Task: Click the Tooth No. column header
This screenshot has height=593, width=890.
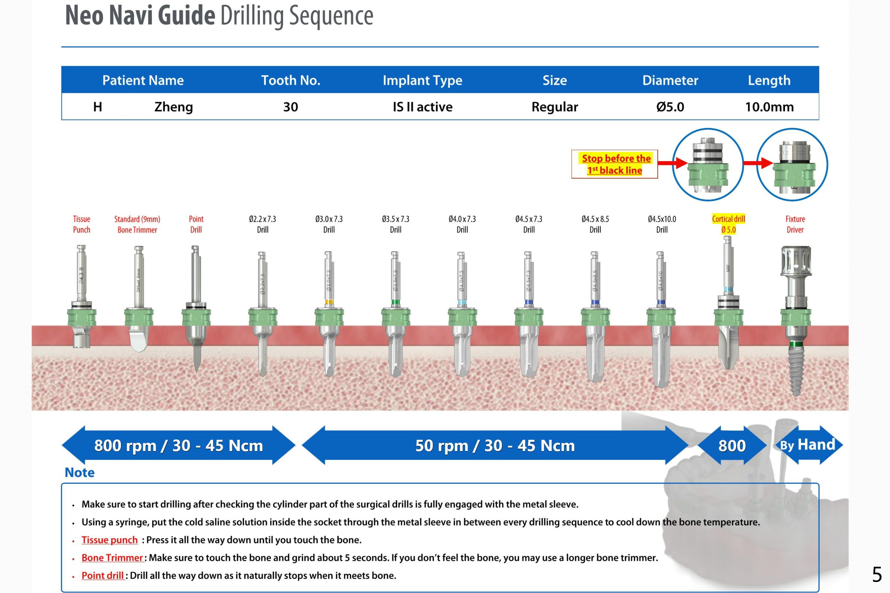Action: tap(291, 80)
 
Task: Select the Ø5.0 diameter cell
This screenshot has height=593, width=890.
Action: tap(670, 107)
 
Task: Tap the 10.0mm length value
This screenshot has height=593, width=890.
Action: tap(769, 107)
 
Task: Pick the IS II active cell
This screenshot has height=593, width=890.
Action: tap(422, 107)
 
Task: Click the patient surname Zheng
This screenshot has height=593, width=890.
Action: tap(174, 107)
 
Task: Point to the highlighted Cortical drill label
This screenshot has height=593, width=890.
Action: tap(728, 224)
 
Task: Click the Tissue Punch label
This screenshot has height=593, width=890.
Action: tap(82, 224)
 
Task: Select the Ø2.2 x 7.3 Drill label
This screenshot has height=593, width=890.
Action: tap(262, 224)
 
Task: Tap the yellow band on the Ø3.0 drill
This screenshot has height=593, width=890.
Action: tap(329, 302)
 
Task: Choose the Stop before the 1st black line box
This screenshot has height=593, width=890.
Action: tap(615, 164)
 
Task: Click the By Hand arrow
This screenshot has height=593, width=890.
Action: tap(808, 445)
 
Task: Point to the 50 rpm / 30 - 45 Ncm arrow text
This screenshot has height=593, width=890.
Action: tap(495, 445)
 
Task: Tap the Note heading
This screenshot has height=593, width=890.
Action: tap(79, 472)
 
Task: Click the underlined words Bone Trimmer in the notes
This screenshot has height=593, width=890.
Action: tap(112, 558)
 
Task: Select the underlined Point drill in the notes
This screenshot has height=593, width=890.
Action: tap(103, 576)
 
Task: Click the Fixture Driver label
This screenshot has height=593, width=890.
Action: tap(795, 224)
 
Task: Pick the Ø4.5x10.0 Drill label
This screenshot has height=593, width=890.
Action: tap(662, 224)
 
